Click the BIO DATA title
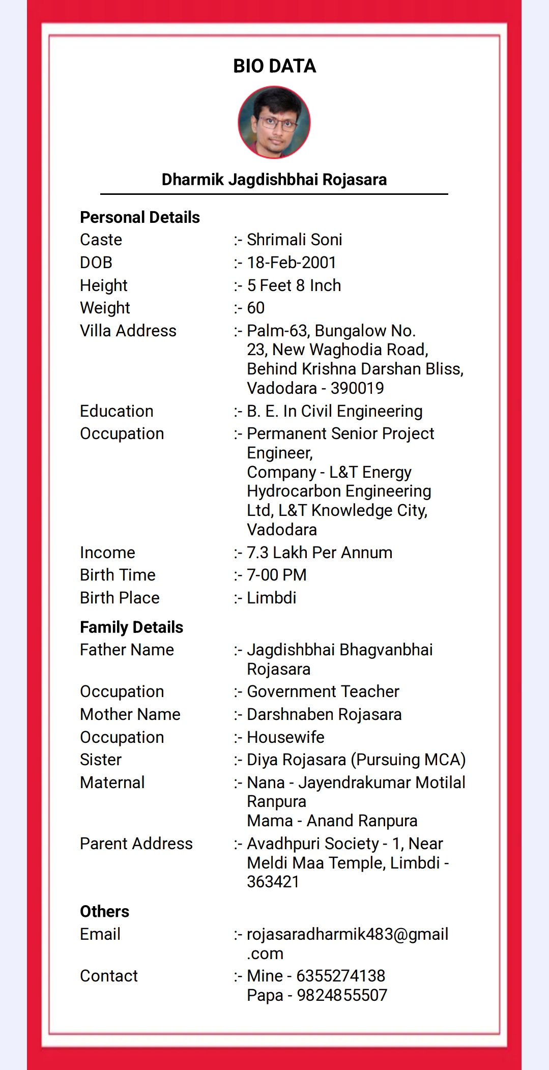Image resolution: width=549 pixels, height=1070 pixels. coord(274,66)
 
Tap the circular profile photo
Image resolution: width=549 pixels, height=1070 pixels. coord(274,123)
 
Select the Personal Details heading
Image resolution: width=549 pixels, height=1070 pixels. coord(140,217)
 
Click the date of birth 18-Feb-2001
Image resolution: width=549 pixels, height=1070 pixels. coord(292,263)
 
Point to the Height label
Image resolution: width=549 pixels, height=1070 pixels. coord(104,285)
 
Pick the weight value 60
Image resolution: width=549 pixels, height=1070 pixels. coord(256,308)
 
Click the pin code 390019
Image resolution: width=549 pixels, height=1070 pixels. coord(357,388)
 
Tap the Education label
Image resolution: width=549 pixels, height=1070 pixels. coord(117,411)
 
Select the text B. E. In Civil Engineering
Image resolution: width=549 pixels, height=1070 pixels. coord(335,411)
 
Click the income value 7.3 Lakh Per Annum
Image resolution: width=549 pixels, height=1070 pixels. coord(320,553)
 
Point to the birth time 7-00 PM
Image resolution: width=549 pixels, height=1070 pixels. coord(277,575)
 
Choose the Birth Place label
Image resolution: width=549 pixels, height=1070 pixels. coord(120,598)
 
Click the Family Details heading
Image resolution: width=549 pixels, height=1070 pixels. coord(132,627)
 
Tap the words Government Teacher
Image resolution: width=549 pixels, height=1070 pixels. coord(323,691)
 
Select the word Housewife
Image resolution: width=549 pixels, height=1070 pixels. coord(285,737)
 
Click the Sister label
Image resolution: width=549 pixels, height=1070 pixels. coord(101,760)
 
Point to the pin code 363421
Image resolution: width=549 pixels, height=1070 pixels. coord(273,882)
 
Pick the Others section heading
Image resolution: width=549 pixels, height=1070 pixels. coord(105,911)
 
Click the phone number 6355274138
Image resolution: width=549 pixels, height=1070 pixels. coord(341,976)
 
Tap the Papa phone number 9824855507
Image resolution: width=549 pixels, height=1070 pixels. coord(342,995)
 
